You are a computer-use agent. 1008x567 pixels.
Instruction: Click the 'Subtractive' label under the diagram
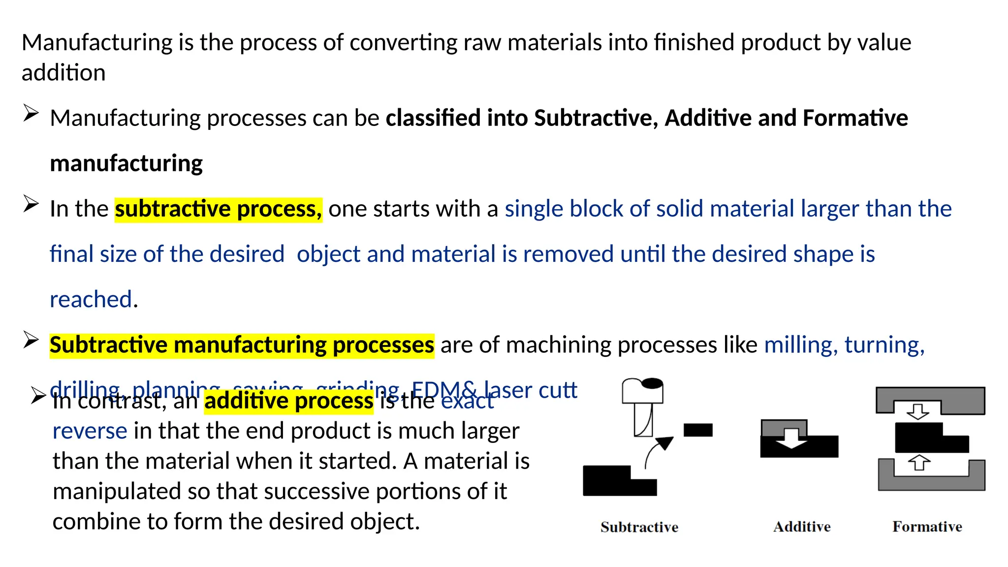pyautogui.click(x=639, y=527)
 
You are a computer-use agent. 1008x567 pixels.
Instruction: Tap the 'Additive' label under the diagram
pyautogui.click(x=802, y=527)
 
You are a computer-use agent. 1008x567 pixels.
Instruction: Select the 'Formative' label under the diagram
pyautogui.click(x=927, y=527)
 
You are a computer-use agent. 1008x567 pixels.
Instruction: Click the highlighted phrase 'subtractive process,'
pyautogui.click(x=218, y=209)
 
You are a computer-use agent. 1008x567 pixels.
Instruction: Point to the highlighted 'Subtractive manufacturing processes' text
pyautogui.click(x=242, y=345)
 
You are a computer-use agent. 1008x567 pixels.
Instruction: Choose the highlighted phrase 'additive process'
pyautogui.click(x=288, y=401)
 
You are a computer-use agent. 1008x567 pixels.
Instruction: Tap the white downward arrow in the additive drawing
pyautogui.click(x=791, y=438)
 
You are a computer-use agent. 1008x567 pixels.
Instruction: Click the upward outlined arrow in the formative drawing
pyautogui.click(x=918, y=463)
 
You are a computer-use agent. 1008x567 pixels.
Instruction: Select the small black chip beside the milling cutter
pyautogui.click(x=698, y=430)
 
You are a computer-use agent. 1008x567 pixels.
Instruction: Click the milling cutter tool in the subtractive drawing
pyautogui.click(x=642, y=406)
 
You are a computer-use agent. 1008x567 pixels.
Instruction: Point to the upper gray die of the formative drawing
pyautogui.click(x=930, y=397)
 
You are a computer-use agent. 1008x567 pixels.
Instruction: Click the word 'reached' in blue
pyautogui.click(x=91, y=300)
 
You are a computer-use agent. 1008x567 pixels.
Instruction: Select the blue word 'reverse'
pyautogui.click(x=90, y=431)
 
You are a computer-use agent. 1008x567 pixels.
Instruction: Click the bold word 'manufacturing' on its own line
pyautogui.click(x=126, y=163)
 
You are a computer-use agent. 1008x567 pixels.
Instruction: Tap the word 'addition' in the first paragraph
pyautogui.click(x=63, y=73)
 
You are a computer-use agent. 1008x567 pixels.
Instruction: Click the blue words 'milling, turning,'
pyautogui.click(x=844, y=345)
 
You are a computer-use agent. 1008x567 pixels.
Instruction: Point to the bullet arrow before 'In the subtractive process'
pyautogui.click(x=31, y=204)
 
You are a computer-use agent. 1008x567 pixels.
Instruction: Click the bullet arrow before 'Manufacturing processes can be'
pyautogui.click(x=31, y=114)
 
